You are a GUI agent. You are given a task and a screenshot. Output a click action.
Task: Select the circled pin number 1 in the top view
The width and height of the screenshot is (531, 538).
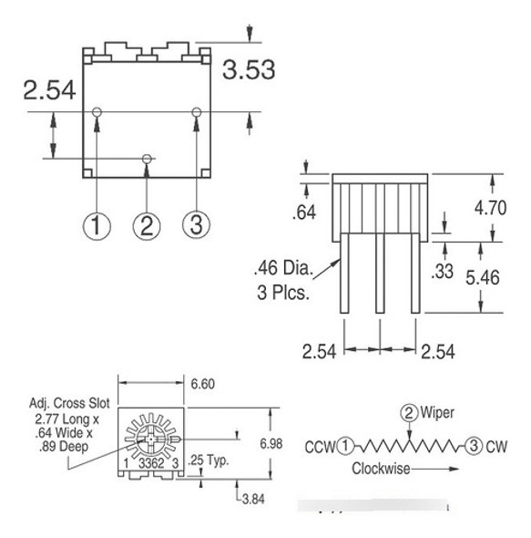click(97, 224)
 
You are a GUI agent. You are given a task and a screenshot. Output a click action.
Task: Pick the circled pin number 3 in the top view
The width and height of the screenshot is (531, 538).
click(197, 224)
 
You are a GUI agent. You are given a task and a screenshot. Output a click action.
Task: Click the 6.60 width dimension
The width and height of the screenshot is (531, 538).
click(202, 384)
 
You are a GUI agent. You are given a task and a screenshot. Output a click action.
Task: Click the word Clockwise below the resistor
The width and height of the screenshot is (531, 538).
click(382, 470)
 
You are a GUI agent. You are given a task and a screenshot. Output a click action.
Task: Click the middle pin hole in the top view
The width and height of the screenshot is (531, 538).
click(147, 159)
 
